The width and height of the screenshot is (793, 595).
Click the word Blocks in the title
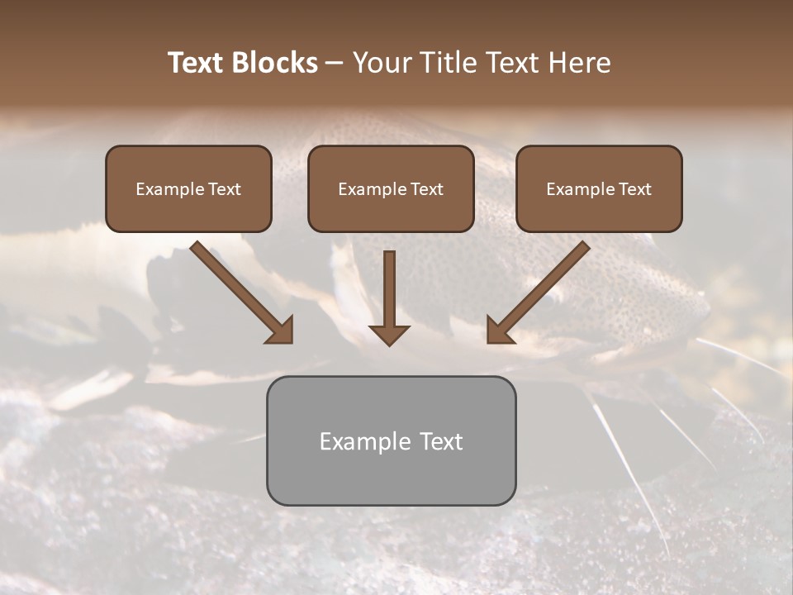pos(276,63)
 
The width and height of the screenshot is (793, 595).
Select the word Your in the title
pos(382,63)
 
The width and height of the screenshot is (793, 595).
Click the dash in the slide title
pos(335,64)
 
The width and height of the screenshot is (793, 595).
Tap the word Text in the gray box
pos(441,441)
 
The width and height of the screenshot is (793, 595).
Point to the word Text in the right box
pos(635,189)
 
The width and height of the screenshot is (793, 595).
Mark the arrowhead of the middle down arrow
pos(389,334)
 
